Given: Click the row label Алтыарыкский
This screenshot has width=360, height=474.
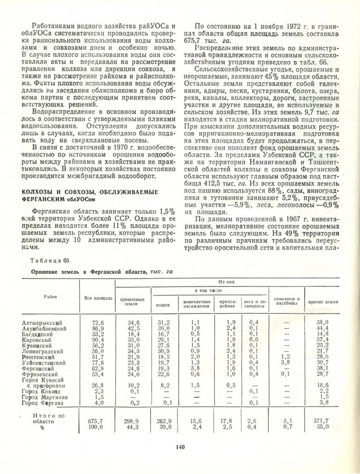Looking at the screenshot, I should click(x=43, y=322).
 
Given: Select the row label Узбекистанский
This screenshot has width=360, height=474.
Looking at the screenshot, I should click(x=45, y=363).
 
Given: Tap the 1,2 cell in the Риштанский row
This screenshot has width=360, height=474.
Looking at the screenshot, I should click(x=285, y=357).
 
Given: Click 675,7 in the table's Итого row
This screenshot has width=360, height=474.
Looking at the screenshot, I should click(x=98, y=421).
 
